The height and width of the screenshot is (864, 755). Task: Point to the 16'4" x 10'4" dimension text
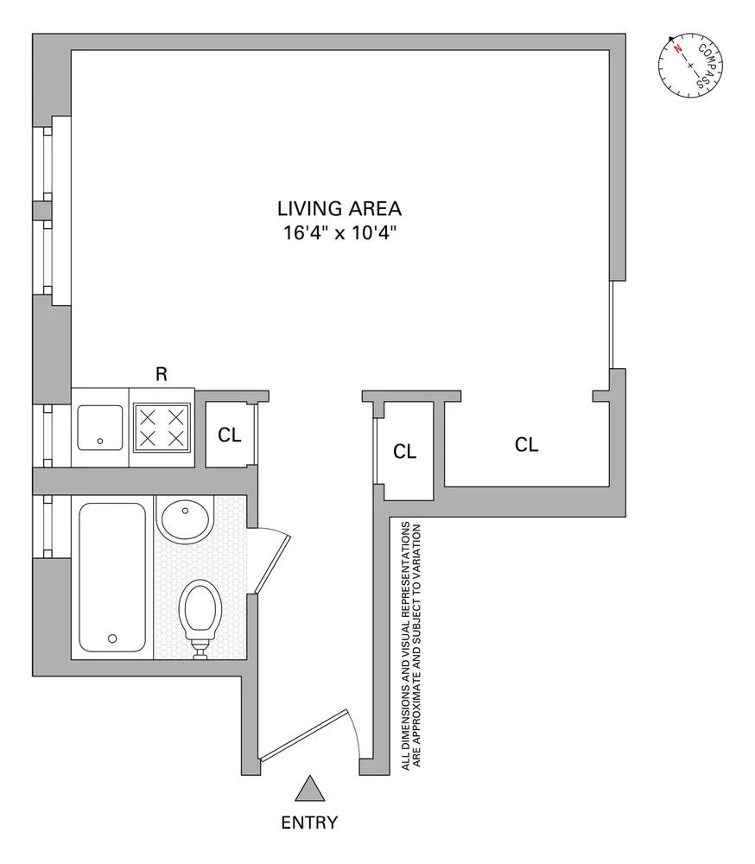point(339,232)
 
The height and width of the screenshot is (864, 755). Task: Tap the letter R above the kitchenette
point(161,374)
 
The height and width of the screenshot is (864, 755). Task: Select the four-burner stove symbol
point(162,428)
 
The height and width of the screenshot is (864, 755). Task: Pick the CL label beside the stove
point(229,435)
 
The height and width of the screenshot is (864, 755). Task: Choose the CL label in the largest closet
point(526,445)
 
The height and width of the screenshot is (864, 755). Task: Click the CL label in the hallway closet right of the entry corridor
point(404,451)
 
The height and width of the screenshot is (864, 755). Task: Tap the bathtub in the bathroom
point(111,578)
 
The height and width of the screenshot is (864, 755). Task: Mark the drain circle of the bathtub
point(111,638)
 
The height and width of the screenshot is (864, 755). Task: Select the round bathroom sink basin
point(183,519)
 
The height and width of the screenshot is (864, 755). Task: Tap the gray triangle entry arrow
point(308,790)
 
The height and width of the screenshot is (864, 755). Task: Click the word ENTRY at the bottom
point(309,823)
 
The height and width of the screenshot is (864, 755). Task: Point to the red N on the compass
point(679,48)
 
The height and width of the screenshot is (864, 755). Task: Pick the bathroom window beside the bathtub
point(42,525)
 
